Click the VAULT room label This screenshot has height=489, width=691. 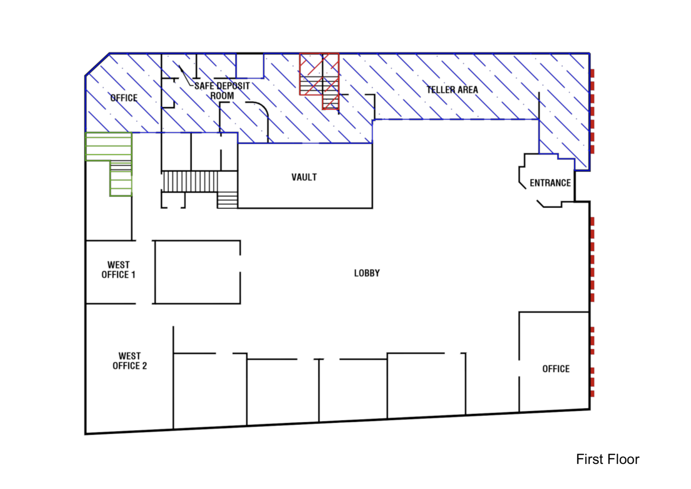[304, 177]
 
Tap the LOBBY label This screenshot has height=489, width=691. [367, 273]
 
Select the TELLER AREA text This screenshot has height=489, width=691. [452, 90]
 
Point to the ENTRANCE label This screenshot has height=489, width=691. [550, 183]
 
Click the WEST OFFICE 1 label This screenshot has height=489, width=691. [118, 270]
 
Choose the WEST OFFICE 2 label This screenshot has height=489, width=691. [130, 361]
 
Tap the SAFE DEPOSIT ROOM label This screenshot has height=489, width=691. [222, 91]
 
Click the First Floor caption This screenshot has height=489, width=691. [607, 459]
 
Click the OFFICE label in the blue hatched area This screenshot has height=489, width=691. [124, 98]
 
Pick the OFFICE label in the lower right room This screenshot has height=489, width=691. [556, 368]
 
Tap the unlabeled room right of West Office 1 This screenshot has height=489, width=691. [197, 272]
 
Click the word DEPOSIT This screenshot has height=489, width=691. [231, 86]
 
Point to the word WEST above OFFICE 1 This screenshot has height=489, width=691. [118, 265]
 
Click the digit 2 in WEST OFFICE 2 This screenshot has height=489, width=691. [144, 365]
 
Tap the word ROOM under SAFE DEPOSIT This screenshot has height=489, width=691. [222, 95]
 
